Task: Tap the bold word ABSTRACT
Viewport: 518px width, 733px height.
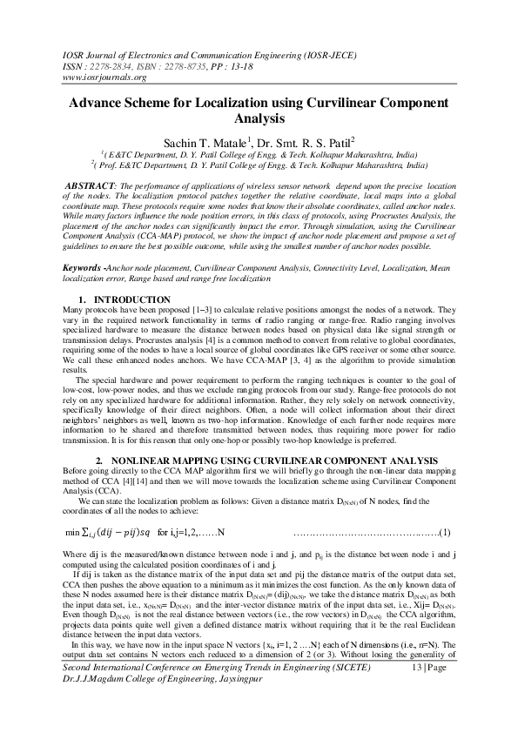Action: (92, 186)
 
